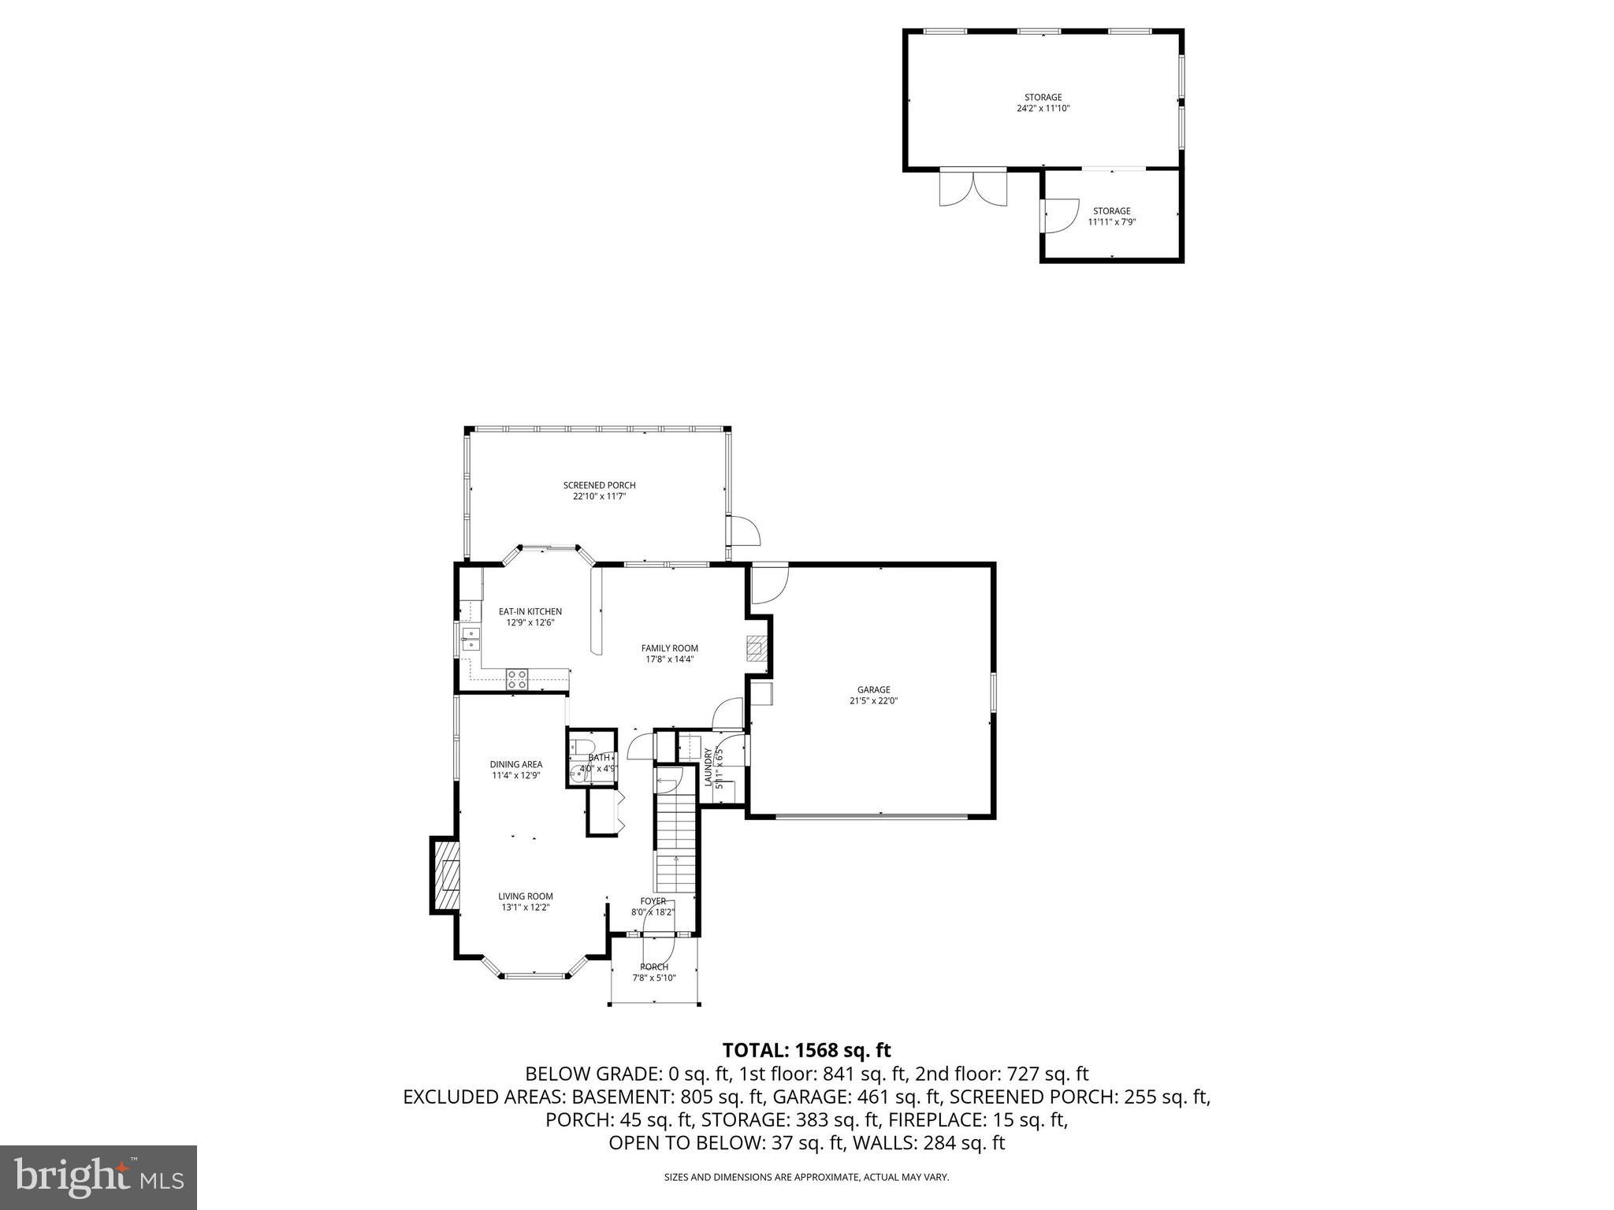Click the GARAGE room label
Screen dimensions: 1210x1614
point(873,689)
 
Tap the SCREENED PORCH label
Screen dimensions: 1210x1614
point(599,485)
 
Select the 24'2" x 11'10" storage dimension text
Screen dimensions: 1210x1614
point(1043,109)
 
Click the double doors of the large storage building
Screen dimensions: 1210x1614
point(973,187)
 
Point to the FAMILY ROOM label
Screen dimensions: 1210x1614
point(669,648)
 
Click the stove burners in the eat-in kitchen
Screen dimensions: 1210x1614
point(517,676)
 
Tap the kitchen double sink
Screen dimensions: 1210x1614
point(470,639)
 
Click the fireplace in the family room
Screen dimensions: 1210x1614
point(756,648)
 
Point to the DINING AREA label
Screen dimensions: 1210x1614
point(515,764)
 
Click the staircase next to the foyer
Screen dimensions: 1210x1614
point(675,843)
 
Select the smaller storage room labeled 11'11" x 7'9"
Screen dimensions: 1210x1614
point(1111,216)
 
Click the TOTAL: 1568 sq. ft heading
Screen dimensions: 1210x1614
point(806,1050)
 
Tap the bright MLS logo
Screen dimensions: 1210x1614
point(99,1177)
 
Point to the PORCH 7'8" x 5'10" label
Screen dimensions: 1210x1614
point(654,972)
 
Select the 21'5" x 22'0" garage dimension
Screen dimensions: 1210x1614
point(873,700)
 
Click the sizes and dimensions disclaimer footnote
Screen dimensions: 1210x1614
point(806,1177)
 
